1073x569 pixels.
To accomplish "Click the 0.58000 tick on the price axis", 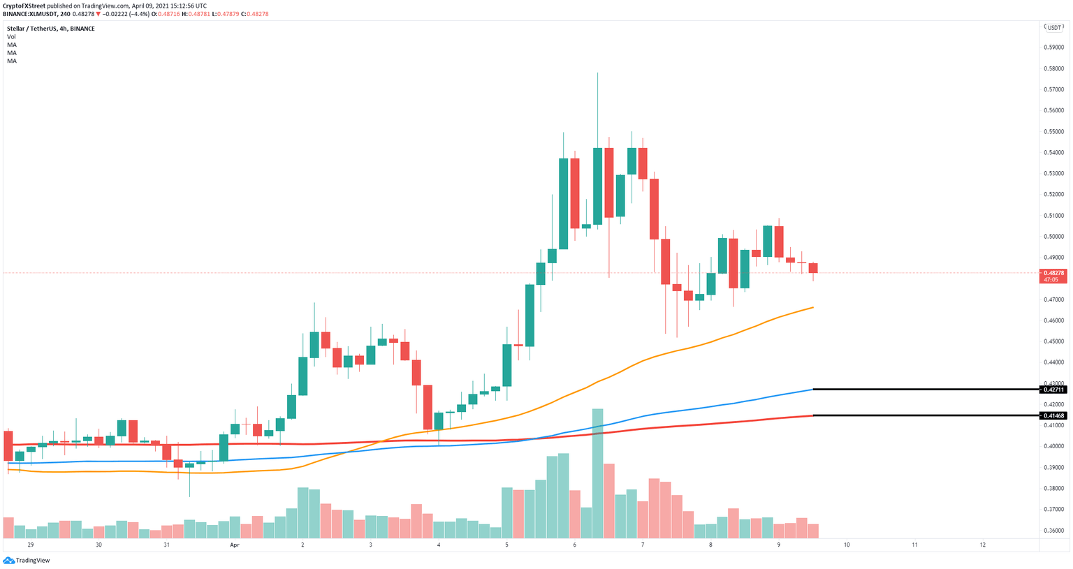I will click(1053, 68).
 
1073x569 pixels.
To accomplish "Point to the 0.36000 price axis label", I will click(1053, 531).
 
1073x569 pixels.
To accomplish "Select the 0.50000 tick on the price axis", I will click(1053, 237).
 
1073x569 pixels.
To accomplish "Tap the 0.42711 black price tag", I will click(1054, 390).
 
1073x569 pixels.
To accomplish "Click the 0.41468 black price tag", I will click(1054, 416).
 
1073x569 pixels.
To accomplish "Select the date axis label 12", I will click(982, 545).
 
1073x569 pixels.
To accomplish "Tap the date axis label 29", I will click(30, 545).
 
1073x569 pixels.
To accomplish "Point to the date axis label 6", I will click(574, 545).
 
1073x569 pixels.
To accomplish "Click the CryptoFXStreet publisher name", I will click(24, 6).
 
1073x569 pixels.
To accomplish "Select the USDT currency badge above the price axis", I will click(1053, 27).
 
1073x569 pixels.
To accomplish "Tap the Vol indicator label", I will click(11, 36).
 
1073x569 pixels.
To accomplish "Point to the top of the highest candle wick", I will click(598, 73).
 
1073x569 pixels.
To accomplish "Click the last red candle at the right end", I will click(813, 268).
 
